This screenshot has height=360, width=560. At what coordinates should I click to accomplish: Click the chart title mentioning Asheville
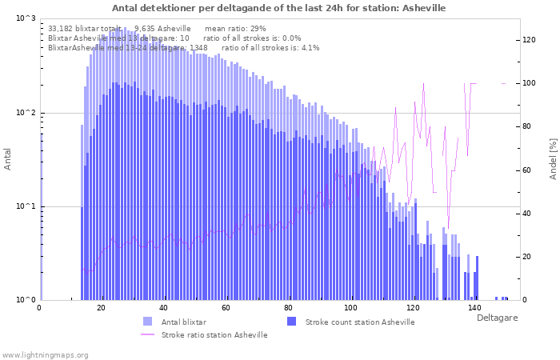coord(279,7)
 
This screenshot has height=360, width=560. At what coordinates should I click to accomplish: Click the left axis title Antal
coord(8,159)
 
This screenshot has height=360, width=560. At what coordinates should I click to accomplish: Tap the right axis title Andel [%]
coord(553,158)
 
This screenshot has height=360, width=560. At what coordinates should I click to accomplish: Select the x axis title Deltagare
coord(498,318)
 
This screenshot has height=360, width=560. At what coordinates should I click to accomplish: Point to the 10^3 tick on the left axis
coord(26,18)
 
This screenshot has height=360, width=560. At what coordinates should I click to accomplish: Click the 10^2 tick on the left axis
coord(26,113)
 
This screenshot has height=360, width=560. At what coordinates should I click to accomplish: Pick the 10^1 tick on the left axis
coord(26,206)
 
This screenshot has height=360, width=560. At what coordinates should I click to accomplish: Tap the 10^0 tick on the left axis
coord(26,300)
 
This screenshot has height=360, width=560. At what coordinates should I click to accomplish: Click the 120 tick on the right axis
coord(529,40)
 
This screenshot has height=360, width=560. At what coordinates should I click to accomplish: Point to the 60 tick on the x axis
coord(226,308)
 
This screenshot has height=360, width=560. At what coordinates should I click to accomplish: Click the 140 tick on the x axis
coord(474,308)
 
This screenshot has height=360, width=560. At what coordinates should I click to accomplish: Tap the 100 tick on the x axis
coord(350,308)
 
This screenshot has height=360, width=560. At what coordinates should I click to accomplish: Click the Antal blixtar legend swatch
coord(147,322)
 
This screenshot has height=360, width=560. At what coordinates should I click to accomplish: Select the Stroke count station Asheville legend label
coord(361,322)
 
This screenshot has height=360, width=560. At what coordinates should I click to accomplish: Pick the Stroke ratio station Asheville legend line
coord(147,334)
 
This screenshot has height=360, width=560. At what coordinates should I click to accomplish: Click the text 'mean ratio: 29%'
coord(235,28)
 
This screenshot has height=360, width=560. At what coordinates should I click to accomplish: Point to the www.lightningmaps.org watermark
coord(44,354)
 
